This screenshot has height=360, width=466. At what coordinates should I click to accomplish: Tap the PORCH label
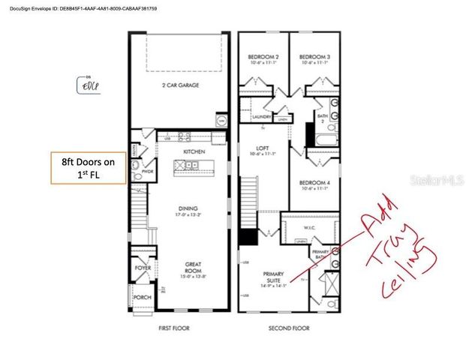coord(142,297)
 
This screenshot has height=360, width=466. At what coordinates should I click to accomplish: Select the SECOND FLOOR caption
coord(288,328)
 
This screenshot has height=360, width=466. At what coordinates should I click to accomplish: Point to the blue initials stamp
coord(89,85)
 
